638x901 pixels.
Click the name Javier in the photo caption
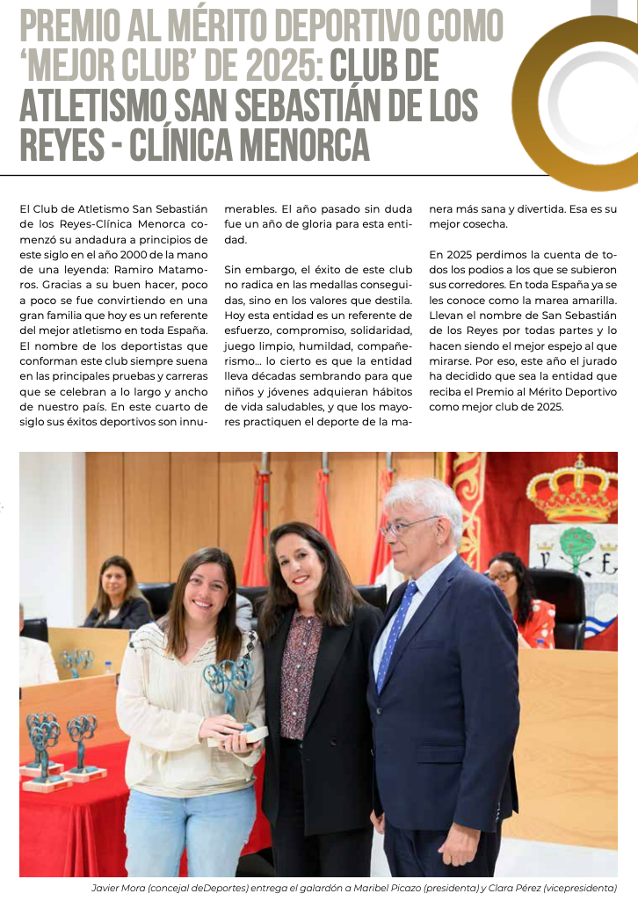click(108, 888)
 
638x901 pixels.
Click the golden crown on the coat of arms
click(571, 491)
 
